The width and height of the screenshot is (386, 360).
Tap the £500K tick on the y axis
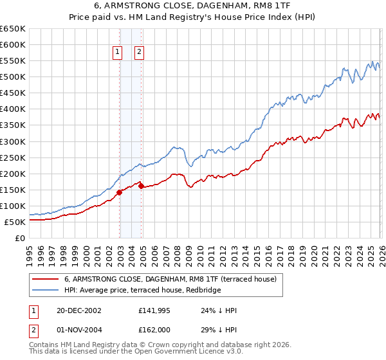tap(13, 77)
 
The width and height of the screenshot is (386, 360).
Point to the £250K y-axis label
tap(13, 157)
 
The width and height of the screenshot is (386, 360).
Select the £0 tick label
tap(19, 239)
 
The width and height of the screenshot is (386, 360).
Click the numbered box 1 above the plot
tap(118, 53)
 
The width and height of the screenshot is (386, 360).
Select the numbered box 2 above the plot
tap(139, 53)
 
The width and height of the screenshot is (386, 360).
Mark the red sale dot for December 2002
tap(119, 192)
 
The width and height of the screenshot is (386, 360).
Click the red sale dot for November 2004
tap(141, 186)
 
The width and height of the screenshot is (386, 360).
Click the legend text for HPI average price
tap(142, 291)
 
